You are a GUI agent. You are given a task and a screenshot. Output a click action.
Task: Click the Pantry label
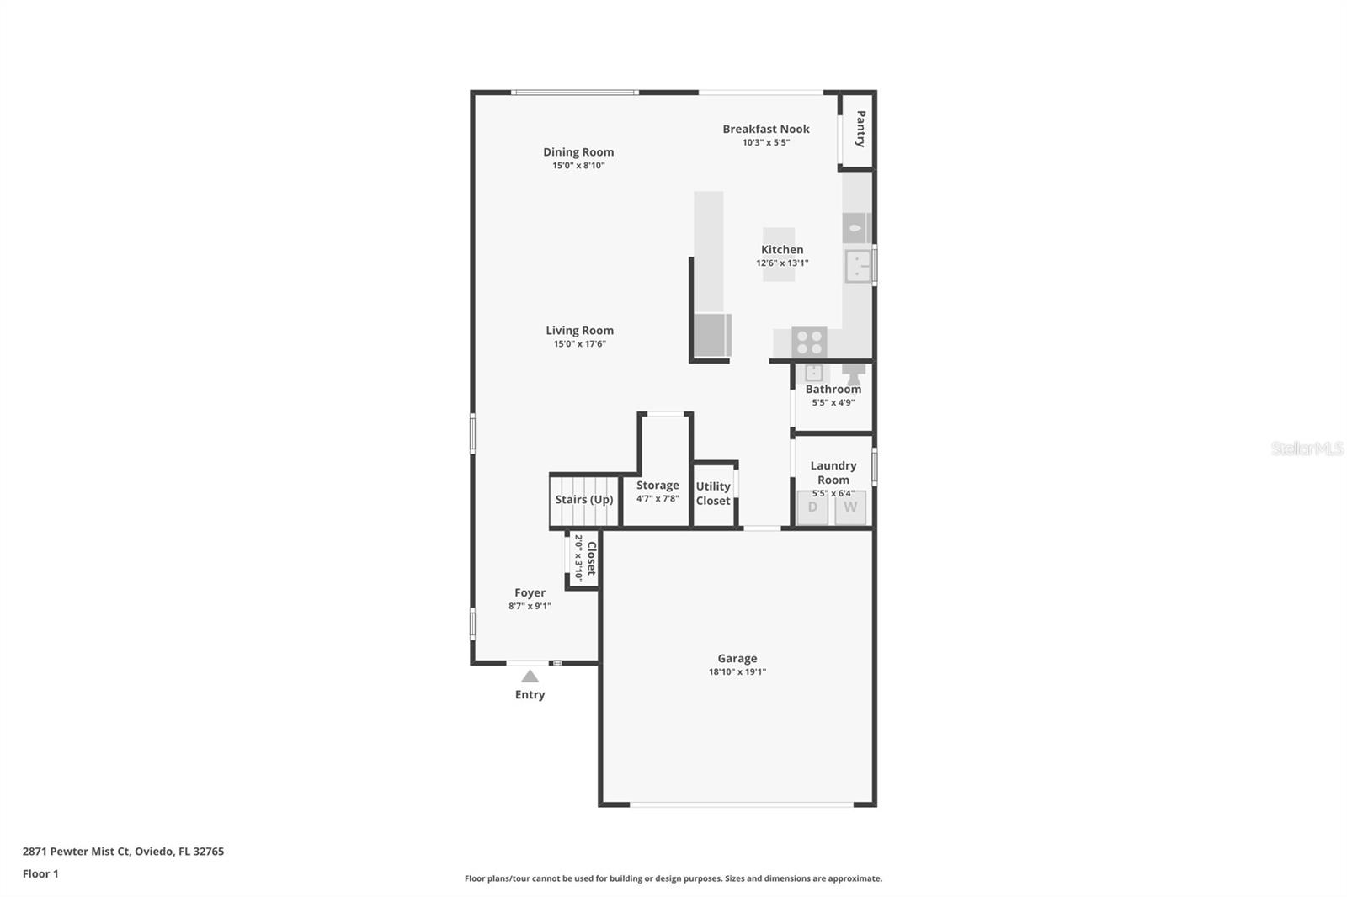pyautogui.click(x=860, y=129)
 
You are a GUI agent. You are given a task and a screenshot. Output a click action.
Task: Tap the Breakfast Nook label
pyautogui.click(x=765, y=129)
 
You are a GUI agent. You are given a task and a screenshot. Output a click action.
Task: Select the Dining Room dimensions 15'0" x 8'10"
pyautogui.click(x=578, y=165)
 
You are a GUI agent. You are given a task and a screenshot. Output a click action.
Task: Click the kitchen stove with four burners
pyautogui.click(x=809, y=342)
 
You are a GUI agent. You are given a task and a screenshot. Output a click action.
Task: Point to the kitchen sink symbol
pyautogui.click(x=858, y=267)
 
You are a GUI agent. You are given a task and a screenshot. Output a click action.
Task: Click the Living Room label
pyautogui.click(x=580, y=330)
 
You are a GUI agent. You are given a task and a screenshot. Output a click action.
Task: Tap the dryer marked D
pyautogui.click(x=812, y=507)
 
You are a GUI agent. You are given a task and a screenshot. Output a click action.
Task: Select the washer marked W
pyautogui.click(x=850, y=507)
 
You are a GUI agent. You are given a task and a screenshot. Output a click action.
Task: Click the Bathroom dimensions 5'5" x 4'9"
pyautogui.click(x=833, y=402)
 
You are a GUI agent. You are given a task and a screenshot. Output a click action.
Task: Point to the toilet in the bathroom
pyautogui.click(x=854, y=374)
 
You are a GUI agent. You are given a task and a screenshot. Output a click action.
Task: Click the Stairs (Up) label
pyautogui.click(x=584, y=500)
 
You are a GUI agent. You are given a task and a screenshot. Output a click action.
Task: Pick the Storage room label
pyautogui.click(x=658, y=485)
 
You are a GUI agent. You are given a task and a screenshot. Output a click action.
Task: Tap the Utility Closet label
pyautogui.click(x=713, y=493)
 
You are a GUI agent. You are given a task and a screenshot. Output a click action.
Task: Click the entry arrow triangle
pyautogui.click(x=530, y=677)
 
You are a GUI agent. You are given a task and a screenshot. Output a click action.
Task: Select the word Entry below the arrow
pyautogui.click(x=530, y=694)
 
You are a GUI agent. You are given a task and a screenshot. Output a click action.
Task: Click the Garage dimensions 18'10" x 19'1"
pyautogui.click(x=737, y=671)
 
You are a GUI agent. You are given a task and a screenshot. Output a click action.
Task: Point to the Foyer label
pyautogui.click(x=530, y=592)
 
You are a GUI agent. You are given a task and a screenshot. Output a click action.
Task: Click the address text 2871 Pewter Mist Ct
pyautogui.click(x=77, y=852)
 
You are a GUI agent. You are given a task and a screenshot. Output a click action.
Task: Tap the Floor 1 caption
pyautogui.click(x=41, y=873)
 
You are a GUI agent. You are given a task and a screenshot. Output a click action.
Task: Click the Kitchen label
pyautogui.click(x=782, y=249)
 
